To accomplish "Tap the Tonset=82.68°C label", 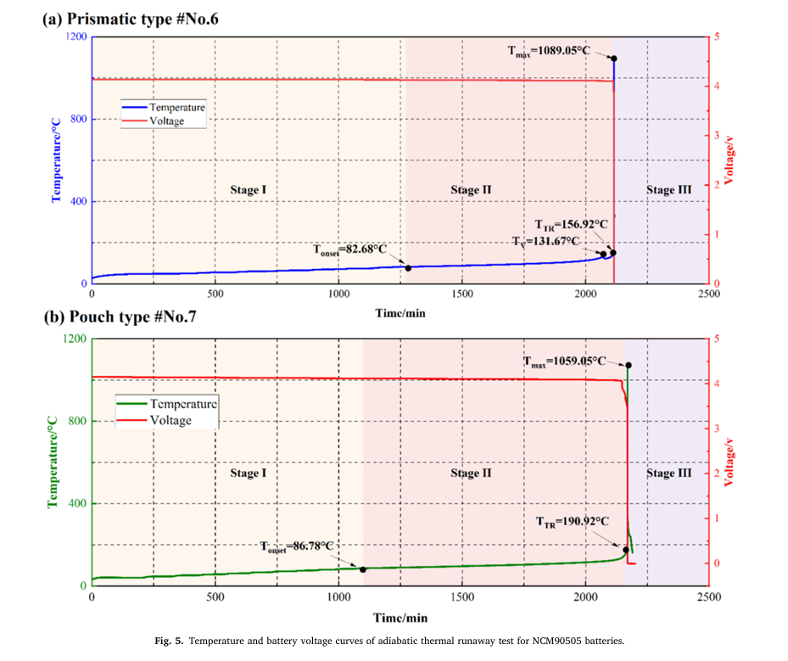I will coord(349,249).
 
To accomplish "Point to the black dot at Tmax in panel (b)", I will coord(629,365).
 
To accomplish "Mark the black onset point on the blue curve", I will coord(408,268).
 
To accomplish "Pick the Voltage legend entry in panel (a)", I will coord(166,121).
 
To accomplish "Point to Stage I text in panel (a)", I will coord(249,190).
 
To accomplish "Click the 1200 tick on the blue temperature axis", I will coord(75,37).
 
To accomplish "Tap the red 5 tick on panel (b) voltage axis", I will coord(717,339).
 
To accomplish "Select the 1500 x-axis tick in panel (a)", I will coord(462,294).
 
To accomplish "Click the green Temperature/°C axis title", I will coord(53,460).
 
